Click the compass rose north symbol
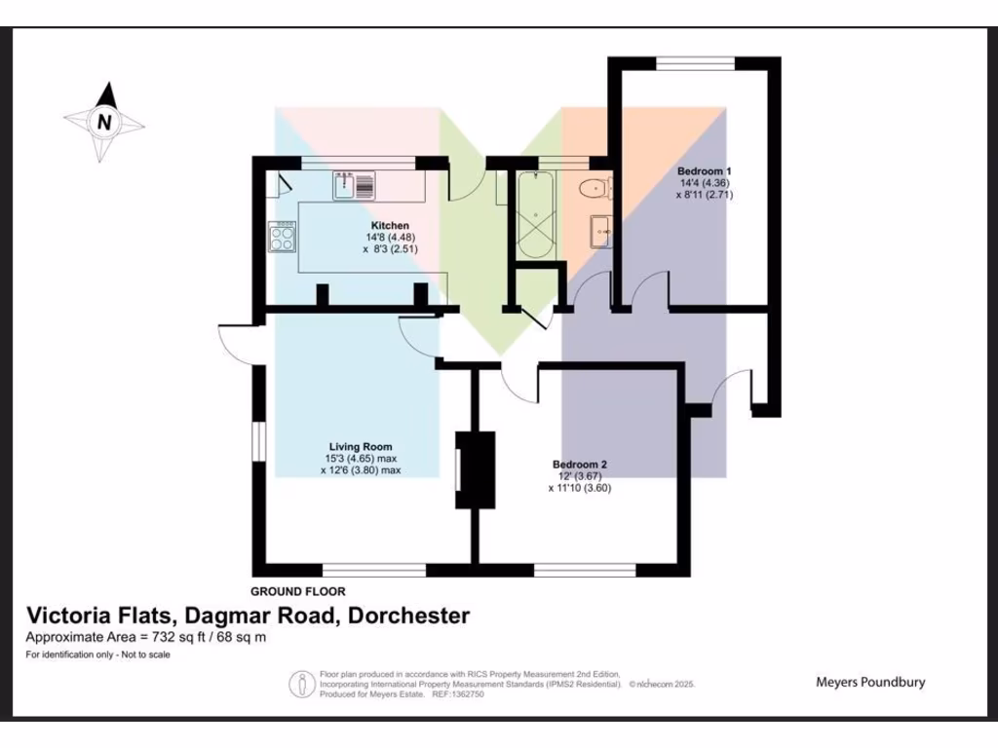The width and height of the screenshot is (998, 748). [x=103, y=122]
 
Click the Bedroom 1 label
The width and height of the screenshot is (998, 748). [x=704, y=171]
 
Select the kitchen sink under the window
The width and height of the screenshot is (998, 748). [x=353, y=184]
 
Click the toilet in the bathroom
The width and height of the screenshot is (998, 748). [x=593, y=187]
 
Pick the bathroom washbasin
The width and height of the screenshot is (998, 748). [x=598, y=232]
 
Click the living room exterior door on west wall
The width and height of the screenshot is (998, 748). [x=237, y=342]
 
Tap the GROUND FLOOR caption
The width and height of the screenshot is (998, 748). [x=297, y=591]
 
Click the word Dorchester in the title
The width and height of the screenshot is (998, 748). [x=409, y=616]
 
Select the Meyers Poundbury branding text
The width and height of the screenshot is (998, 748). [x=869, y=682]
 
